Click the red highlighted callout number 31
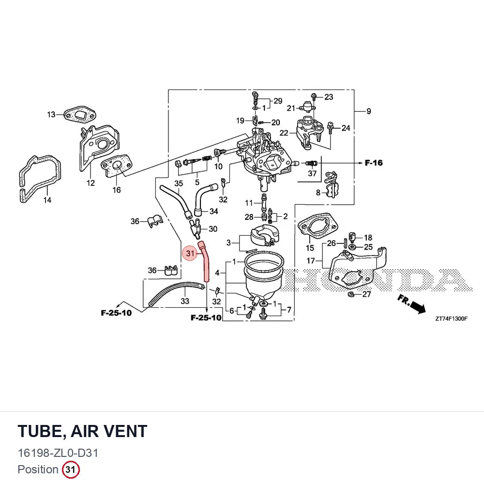click(190, 254)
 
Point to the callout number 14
click(47, 200)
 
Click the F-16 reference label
click(374, 163)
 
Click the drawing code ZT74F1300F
click(451, 319)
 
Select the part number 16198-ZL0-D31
click(58, 453)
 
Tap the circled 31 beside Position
click(71, 469)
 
